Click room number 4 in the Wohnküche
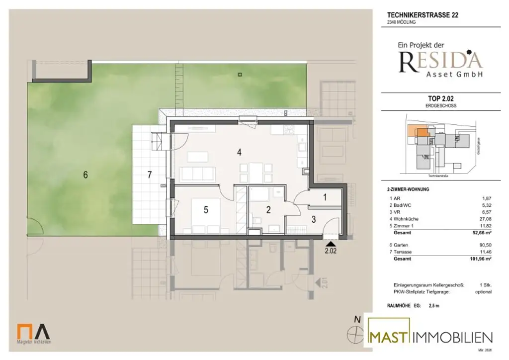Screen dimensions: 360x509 point(240,153)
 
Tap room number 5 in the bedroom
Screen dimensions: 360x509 point(206,210)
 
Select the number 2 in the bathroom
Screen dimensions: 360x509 point(268,210)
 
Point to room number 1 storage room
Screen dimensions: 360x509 point(325,197)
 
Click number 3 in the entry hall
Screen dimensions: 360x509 point(314,218)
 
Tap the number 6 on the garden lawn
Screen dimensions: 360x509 point(85,175)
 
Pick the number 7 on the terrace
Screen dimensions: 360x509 point(149,175)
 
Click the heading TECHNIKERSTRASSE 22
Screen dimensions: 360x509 point(423,15)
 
